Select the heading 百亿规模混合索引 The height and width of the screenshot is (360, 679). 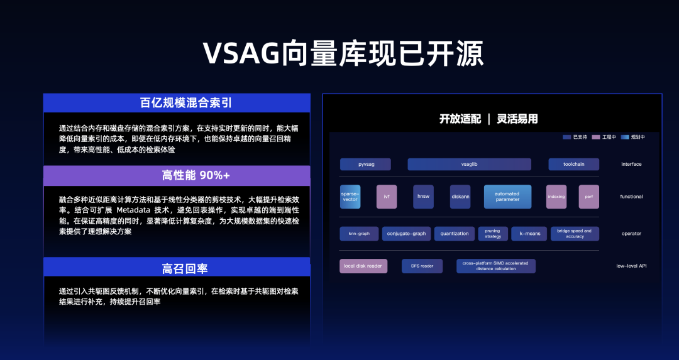pyautogui.click(x=177, y=103)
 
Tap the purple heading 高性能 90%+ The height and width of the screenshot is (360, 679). pyautogui.click(x=177, y=176)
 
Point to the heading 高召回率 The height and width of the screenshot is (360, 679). pyautogui.click(x=177, y=268)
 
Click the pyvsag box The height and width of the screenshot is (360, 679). pyautogui.click(x=365, y=165)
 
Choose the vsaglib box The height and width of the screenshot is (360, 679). pyautogui.click(x=469, y=165)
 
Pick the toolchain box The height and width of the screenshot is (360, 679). pyautogui.click(x=573, y=165)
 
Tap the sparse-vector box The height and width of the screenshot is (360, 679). pyautogui.click(x=350, y=197)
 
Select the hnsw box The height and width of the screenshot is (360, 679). pyautogui.click(x=423, y=197)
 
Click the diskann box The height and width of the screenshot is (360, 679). pyautogui.click(x=460, y=197)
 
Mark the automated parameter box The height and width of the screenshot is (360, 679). pyautogui.click(x=507, y=197)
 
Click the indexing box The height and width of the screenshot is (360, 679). pyautogui.click(x=556, y=197)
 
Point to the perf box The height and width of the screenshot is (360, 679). pyautogui.click(x=588, y=197)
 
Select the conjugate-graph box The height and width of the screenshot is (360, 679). pyautogui.click(x=406, y=234)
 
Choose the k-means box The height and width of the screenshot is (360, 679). pyautogui.click(x=529, y=234)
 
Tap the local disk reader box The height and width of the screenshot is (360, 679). pyautogui.click(x=363, y=266)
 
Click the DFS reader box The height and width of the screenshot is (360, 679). pyautogui.click(x=422, y=266)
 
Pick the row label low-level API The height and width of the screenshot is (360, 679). pyautogui.click(x=631, y=266)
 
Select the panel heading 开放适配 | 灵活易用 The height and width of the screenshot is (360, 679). pyautogui.click(x=489, y=119)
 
